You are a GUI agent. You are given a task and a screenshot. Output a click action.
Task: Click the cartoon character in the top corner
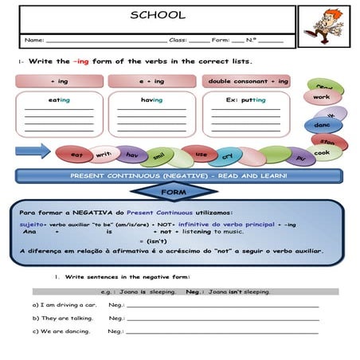[x=325, y=26]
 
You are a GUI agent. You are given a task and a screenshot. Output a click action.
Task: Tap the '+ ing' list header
[x=59, y=81]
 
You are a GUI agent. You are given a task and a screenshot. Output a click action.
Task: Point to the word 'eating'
[x=59, y=100]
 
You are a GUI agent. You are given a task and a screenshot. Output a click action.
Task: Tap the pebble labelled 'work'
[x=321, y=97]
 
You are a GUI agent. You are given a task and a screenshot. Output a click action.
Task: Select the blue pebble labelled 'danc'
[x=322, y=125]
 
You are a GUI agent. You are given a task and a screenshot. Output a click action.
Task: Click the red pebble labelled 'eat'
[x=77, y=154]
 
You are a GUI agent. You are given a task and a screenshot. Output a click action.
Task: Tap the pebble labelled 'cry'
[x=227, y=156]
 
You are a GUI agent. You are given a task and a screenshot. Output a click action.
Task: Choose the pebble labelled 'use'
[x=201, y=153]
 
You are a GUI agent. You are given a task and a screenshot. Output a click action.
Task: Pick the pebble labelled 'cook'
[x=322, y=152]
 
